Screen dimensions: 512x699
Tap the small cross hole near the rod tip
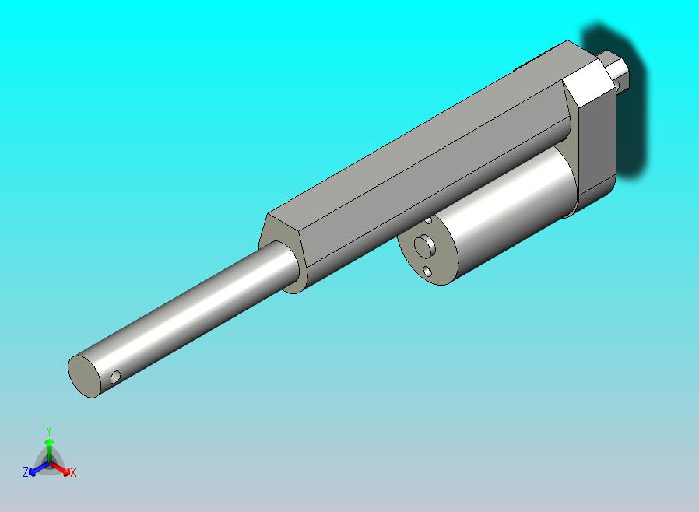point(116,377)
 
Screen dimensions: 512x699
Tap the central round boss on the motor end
point(424,247)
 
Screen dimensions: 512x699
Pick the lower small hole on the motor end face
point(427,271)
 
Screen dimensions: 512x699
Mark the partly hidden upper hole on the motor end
point(428,221)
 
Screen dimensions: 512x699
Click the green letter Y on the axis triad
point(48,430)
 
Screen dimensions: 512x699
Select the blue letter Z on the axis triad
point(26,472)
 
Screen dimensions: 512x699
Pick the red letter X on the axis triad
point(72,472)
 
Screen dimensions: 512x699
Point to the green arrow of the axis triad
point(48,447)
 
